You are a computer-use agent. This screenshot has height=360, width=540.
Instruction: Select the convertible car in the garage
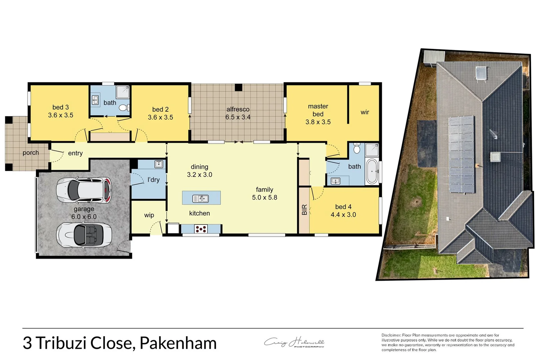[84, 235]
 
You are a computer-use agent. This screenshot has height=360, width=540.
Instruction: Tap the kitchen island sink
[201, 199]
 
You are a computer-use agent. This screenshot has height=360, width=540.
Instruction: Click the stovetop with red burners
[201, 229]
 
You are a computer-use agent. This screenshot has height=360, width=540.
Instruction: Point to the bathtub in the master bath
[372, 171]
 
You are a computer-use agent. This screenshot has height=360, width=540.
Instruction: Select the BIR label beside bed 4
[304, 210]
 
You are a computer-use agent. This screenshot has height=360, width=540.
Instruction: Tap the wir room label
[365, 112]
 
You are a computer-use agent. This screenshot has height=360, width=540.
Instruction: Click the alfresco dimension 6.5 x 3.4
[238, 117]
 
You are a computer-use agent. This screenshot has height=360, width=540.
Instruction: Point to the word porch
[31, 153]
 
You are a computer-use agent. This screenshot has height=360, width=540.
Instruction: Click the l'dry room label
[153, 180]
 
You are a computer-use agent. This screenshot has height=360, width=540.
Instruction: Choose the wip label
[149, 215]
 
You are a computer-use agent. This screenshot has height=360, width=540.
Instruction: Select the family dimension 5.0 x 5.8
[264, 198]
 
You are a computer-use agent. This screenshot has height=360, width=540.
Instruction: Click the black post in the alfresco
[238, 87]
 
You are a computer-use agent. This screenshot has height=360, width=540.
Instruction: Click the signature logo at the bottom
[294, 343]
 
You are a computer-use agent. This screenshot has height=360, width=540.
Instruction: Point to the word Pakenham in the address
[178, 343]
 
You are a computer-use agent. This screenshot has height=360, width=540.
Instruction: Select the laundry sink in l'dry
[159, 164]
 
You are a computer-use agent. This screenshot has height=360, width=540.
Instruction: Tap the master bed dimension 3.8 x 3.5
[318, 122]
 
